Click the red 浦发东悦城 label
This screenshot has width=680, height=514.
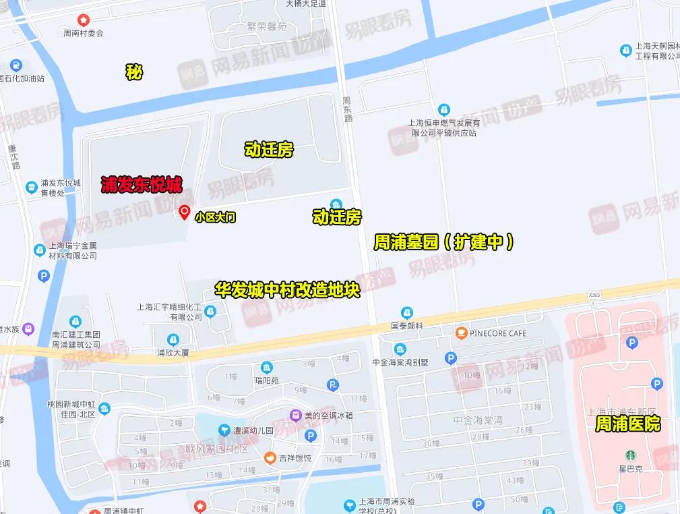click(x=142, y=185)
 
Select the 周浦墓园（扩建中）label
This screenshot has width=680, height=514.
click(x=445, y=242)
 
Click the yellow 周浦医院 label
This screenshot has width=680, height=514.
click(x=627, y=424)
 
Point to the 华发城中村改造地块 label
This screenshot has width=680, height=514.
click(x=288, y=290)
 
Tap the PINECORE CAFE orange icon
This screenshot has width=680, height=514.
click(x=461, y=333)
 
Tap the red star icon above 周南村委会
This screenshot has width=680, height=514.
click(x=84, y=20)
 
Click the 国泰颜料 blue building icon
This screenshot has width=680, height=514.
click(x=406, y=312)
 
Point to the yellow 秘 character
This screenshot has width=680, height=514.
click(x=134, y=72)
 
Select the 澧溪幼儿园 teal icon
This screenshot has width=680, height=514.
click(x=223, y=430)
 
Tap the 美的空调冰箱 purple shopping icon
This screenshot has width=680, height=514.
click(x=295, y=415)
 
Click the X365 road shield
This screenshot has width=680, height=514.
click(x=594, y=295)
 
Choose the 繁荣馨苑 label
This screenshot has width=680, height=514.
click(x=267, y=27)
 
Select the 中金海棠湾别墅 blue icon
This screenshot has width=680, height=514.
click(x=400, y=349)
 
